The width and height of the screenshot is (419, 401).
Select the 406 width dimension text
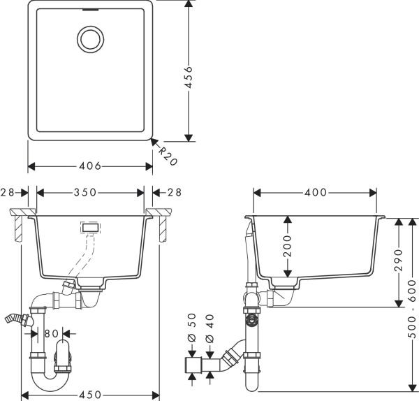[x=91, y=166]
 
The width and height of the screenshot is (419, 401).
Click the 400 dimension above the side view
[x=316, y=192]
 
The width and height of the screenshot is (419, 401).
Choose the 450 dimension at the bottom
[x=91, y=395]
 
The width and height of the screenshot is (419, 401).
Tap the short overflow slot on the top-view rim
[x=90, y=10]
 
